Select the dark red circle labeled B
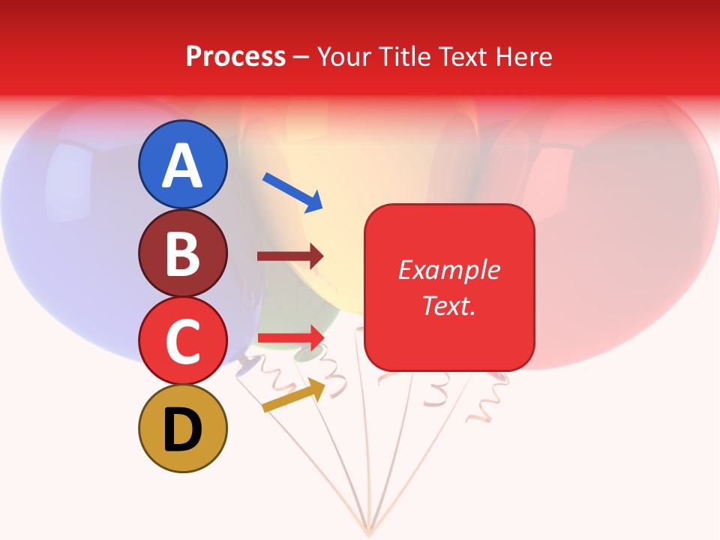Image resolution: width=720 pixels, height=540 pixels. pyautogui.click(x=182, y=253)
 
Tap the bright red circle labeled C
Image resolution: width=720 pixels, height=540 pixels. pyautogui.click(x=182, y=340)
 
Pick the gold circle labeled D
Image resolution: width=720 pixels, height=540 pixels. pyautogui.click(x=182, y=428)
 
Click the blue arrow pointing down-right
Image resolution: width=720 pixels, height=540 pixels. pyautogui.click(x=292, y=192)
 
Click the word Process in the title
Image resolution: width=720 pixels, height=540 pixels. pyautogui.click(x=235, y=57)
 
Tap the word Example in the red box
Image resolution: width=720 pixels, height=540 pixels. pyautogui.click(x=449, y=270)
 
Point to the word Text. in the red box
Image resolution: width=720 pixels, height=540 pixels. pyautogui.click(x=449, y=305)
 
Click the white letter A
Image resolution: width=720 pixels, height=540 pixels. pyautogui.click(x=182, y=166)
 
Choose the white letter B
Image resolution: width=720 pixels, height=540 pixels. pyautogui.click(x=182, y=253)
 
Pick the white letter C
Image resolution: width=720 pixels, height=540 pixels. pyautogui.click(x=182, y=341)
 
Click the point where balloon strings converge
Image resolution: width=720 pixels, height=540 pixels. pyautogui.click(x=367, y=531)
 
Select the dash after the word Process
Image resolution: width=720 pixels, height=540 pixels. pyautogui.click(x=301, y=58)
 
